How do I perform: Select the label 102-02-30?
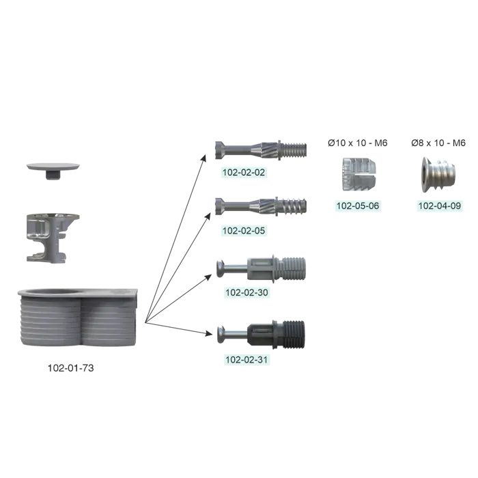coord(247,292)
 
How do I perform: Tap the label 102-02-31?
coord(247,359)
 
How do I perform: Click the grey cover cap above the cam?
coord(53,167)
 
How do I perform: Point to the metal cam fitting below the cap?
coord(53,236)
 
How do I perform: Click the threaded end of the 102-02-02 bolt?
coord(294,148)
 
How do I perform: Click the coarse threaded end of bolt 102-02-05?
coord(294,206)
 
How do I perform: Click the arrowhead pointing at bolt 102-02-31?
coord(208,333)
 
